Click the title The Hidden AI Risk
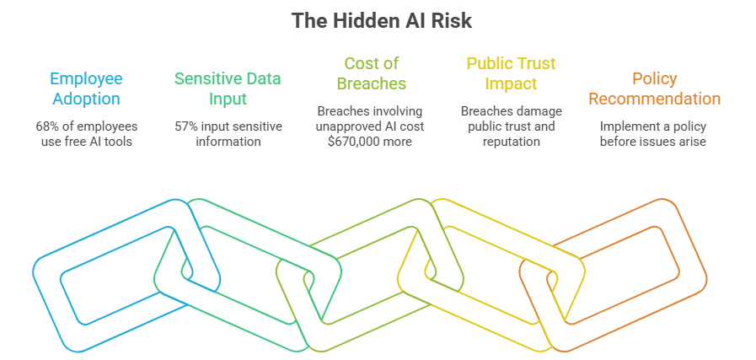click(382, 21)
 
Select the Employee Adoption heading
click(86, 89)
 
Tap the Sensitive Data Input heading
click(228, 89)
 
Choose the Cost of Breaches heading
click(371, 73)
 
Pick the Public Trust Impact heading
click(511, 73)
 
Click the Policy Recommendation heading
click(654, 89)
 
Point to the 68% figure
click(46, 127)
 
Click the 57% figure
click(185, 127)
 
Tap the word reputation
click(511, 142)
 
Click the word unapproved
click(346, 127)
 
